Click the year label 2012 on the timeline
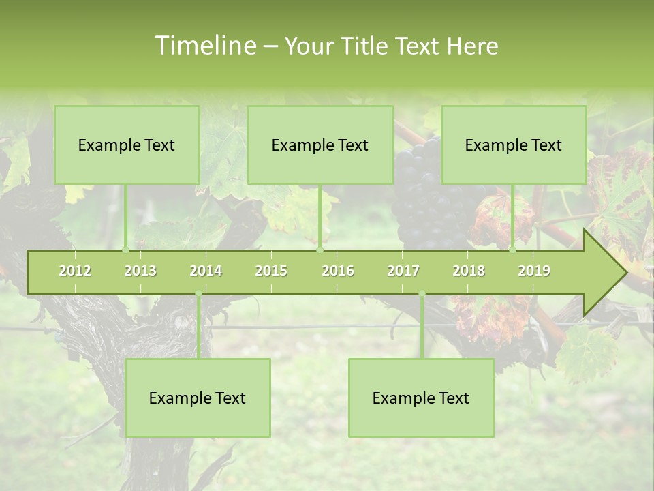tap(75, 271)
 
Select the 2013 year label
tap(140, 271)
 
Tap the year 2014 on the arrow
tap(206, 271)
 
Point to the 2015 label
tap(271, 271)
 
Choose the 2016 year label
tap(338, 271)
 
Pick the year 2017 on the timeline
tap(403, 271)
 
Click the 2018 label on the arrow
tap(469, 271)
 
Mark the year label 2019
tap(534, 271)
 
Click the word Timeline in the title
tap(204, 46)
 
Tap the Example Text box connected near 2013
tap(127, 145)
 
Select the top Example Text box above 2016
tap(320, 145)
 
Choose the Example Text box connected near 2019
tap(514, 145)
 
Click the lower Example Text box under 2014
tap(198, 398)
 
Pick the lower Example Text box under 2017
tap(421, 398)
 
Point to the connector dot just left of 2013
tap(125, 250)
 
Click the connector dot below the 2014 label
tap(198, 294)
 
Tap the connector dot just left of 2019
tap(513, 250)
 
